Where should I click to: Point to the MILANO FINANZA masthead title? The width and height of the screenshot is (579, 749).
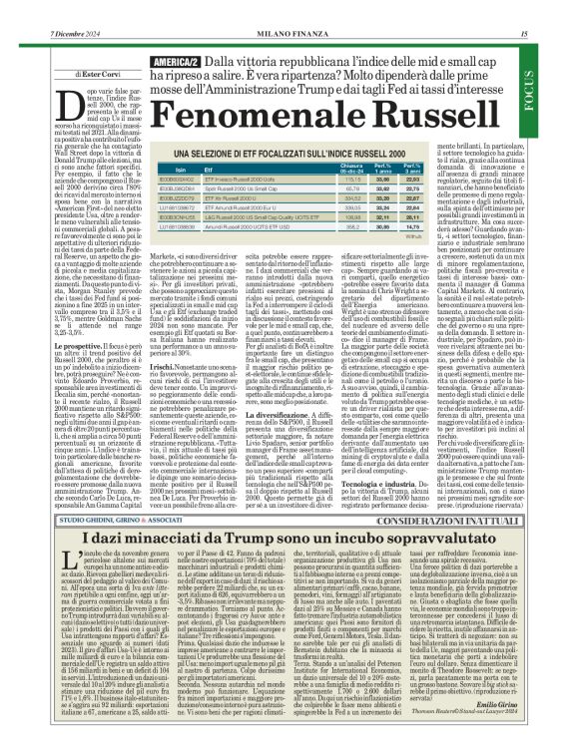289,8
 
